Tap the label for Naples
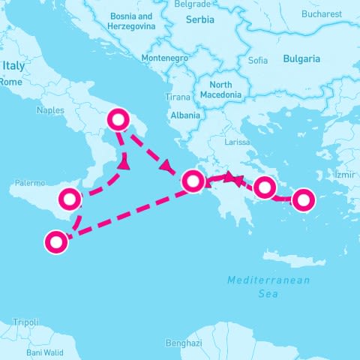(51, 110)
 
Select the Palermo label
(30, 182)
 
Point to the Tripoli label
(25, 322)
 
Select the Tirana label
(178, 97)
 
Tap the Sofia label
(257, 60)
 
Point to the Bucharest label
(322, 13)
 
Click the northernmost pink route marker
(118, 119)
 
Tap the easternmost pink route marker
(303, 200)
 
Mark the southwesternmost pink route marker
(56, 242)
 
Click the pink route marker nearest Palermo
(69, 199)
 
